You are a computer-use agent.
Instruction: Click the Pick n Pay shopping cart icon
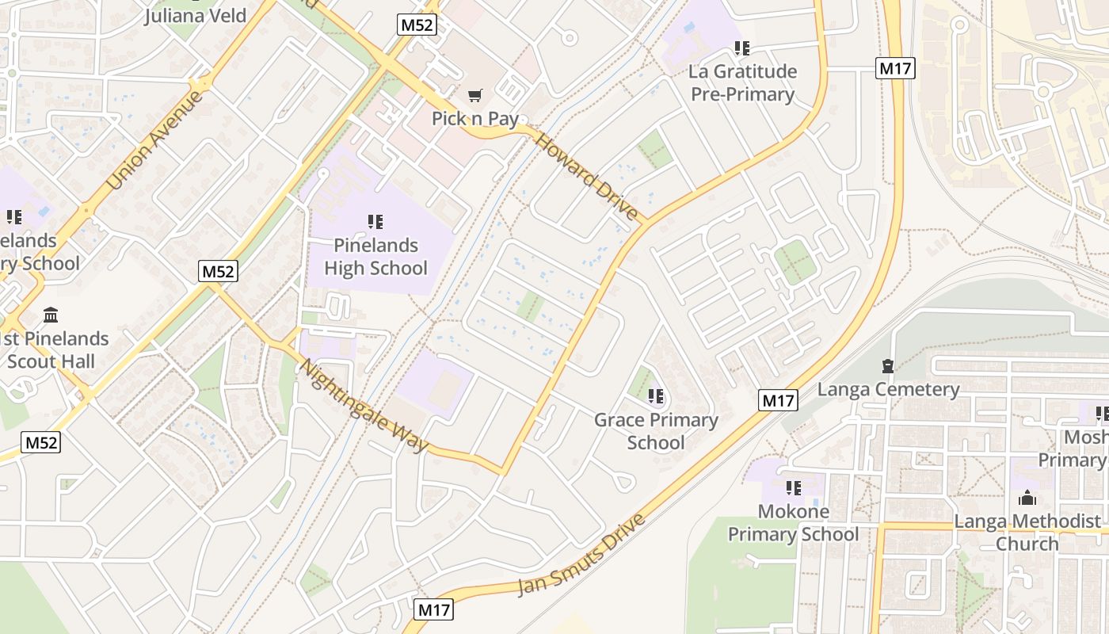[x=474, y=96]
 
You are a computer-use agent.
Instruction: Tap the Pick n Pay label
[x=474, y=119]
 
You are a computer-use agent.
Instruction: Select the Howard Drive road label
[x=587, y=177]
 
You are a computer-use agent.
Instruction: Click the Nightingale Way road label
[x=364, y=406]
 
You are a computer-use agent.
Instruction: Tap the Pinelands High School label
[x=375, y=257]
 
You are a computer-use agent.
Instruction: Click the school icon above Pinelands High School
[x=375, y=222]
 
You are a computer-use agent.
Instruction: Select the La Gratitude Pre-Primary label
[x=742, y=82]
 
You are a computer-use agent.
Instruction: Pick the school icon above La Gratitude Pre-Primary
[x=742, y=48]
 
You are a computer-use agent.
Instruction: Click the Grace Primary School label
[x=656, y=431]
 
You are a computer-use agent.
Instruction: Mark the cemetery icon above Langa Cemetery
[x=888, y=366]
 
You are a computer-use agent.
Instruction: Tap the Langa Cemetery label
[x=888, y=389]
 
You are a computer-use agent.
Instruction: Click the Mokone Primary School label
[x=793, y=523]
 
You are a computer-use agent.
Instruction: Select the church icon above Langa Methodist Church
[x=1027, y=498]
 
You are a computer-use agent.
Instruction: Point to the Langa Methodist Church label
[x=1027, y=533]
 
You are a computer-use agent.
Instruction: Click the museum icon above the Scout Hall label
[x=51, y=315]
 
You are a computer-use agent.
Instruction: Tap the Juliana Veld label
[x=195, y=15]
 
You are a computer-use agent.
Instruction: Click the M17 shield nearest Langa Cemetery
[x=777, y=400]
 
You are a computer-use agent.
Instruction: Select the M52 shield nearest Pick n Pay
[x=417, y=25]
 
